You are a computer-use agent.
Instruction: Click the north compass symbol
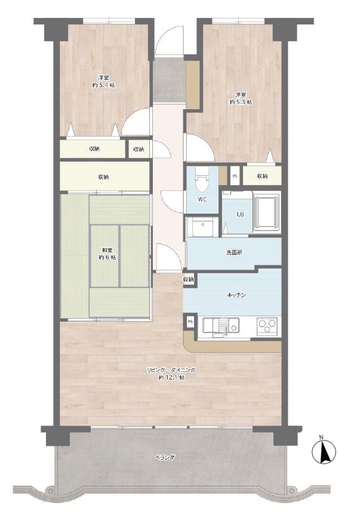click(324, 451)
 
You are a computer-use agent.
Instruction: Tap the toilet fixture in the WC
click(202, 180)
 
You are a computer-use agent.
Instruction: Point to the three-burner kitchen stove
click(268, 326)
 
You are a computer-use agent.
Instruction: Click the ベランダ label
click(165, 458)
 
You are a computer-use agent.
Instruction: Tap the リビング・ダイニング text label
click(171, 370)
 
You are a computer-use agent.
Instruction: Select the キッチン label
click(236, 295)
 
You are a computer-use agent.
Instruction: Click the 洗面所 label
click(234, 252)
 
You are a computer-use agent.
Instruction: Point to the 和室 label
click(107, 250)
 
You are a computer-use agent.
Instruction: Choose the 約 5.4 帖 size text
click(104, 85)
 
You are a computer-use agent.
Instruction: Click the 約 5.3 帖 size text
click(241, 102)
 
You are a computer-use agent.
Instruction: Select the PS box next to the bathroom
click(235, 175)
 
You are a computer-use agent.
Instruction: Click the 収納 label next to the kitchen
click(189, 279)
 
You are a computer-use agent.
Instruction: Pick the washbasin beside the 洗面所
click(202, 226)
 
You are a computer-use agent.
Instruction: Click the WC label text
click(202, 199)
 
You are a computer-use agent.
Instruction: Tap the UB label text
click(241, 214)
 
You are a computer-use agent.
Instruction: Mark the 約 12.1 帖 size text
click(171, 378)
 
